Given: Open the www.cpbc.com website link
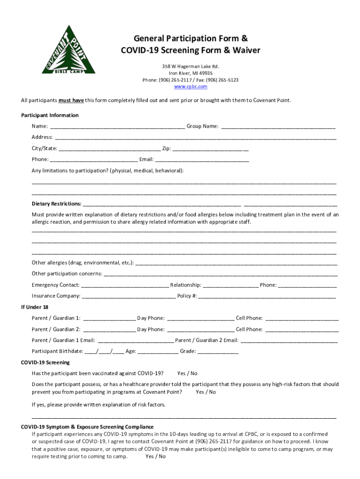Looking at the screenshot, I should [190, 87].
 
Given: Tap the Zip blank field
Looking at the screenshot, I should [210, 149].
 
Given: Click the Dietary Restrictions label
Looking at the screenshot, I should [57, 204].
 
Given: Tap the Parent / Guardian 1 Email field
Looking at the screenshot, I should [136, 341].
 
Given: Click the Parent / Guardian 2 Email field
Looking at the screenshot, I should [288, 341].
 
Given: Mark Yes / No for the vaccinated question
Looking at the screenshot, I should [187, 373].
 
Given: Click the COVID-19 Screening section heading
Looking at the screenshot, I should [45, 363].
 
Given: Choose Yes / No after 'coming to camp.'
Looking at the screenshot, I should [155, 457].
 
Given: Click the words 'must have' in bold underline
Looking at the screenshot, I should [71, 100].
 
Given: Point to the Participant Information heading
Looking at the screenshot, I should [50, 115].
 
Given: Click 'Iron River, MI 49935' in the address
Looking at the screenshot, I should [190, 73].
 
